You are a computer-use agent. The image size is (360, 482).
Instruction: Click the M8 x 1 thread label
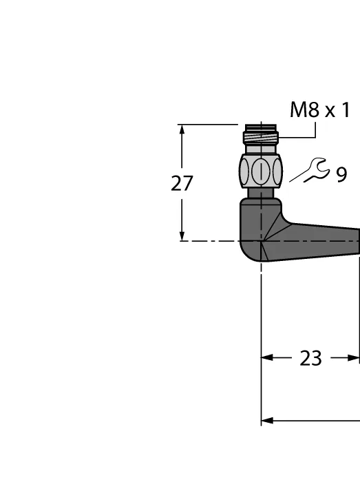click(x=320, y=109)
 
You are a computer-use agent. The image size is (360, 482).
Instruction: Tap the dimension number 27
click(x=182, y=184)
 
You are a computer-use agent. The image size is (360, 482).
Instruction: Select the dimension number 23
click(x=310, y=358)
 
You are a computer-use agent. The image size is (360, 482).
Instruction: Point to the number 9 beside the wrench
click(x=341, y=175)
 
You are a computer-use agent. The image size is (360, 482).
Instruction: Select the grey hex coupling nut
click(x=261, y=171)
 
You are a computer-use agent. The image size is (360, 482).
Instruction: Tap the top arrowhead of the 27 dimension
click(x=182, y=129)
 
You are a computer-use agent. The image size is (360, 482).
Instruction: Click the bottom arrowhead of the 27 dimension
click(x=182, y=235)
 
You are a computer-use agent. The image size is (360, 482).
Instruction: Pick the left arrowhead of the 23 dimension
click(x=266, y=358)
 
